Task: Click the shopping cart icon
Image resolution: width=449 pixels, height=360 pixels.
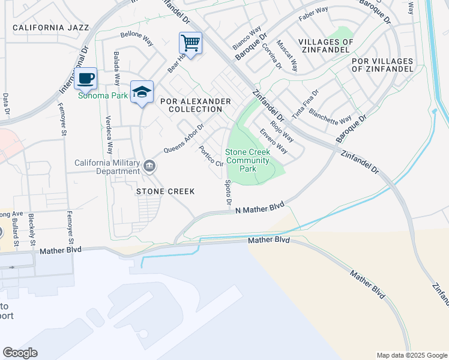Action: [190, 43]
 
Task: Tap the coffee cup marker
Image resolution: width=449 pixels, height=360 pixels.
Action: [86, 78]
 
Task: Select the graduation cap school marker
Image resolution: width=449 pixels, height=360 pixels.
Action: [142, 92]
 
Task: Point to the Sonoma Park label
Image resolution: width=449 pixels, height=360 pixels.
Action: [95, 95]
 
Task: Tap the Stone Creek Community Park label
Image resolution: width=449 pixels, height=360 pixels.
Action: [248, 161]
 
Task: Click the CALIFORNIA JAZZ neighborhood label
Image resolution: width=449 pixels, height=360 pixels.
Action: [50, 28]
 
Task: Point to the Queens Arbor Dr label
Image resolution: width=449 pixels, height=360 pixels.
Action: [184, 139]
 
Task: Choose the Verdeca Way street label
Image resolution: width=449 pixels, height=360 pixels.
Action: [109, 135]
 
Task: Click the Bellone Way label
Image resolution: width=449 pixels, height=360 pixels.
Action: [137, 38]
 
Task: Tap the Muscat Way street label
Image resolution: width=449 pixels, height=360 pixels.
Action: [287, 56]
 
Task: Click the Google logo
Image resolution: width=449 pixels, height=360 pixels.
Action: [20, 353]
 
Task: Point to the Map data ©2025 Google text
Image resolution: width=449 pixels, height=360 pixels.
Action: [411, 355]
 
